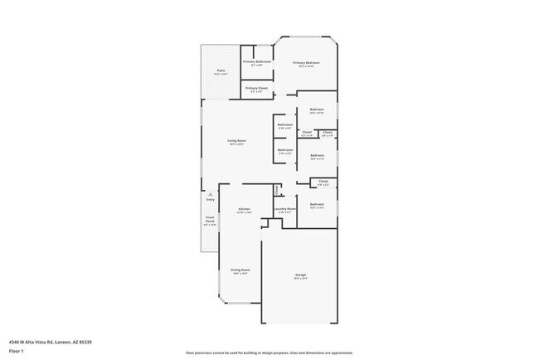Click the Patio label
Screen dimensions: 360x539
[221, 71]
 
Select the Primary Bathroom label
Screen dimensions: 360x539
[257, 62]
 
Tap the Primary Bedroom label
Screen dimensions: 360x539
[306, 62]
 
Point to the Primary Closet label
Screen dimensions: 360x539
[257, 88]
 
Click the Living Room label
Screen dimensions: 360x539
[237, 141]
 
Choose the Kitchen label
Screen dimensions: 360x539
[244, 209]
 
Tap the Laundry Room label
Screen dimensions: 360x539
[286, 209]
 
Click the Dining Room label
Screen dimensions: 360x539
[240, 270]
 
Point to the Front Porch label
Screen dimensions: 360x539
[210, 221]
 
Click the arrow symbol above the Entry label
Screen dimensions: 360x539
[210, 194]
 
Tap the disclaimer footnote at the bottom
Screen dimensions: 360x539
[269, 353]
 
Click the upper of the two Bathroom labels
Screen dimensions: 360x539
[285, 125]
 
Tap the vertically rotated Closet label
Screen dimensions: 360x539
[276, 189]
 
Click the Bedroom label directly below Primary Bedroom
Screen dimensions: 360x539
[317, 109]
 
